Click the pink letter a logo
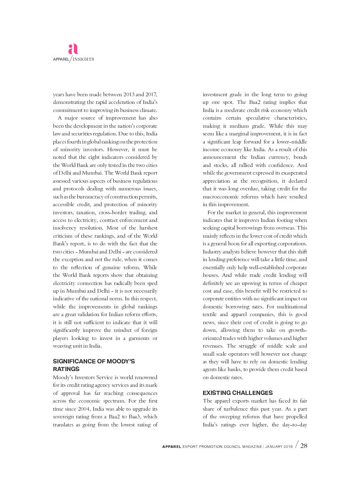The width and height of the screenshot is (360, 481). click(x=73, y=49)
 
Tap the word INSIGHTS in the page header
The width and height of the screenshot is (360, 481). click(x=83, y=59)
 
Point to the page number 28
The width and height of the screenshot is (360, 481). click(x=304, y=446)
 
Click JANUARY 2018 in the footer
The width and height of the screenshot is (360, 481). click(x=279, y=447)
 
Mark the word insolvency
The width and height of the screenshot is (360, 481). click(x=64, y=228)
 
